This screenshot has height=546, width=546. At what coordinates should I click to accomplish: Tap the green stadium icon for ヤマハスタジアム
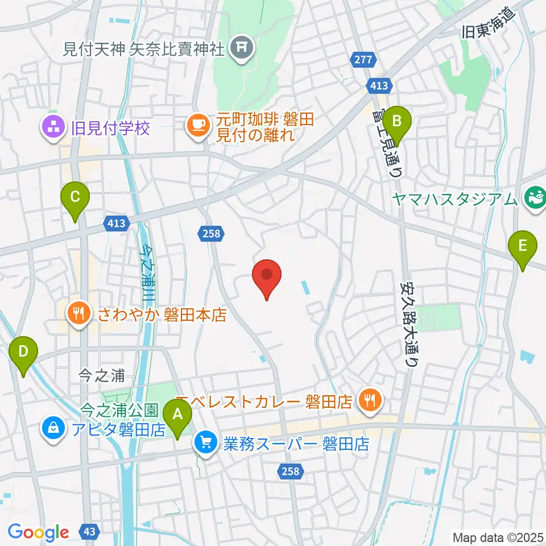[x=535, y=198]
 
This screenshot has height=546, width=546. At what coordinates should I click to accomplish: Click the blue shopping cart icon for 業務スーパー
[x=205, y=442]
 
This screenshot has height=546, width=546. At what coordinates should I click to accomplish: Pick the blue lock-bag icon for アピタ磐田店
[x=52, y=427]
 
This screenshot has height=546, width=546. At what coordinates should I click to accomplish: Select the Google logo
[x=38, y=532]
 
